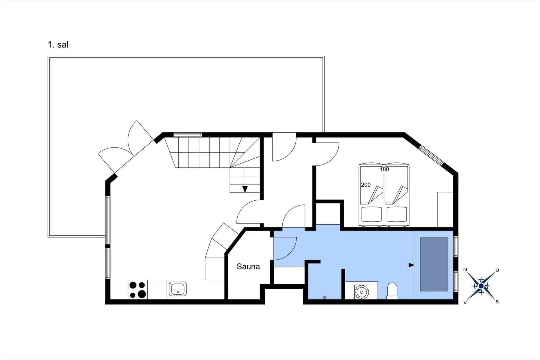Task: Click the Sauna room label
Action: click(248, 267)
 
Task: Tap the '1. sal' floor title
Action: click(58, 45)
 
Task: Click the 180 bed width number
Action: click(384, 169)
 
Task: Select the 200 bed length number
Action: click(366, 185)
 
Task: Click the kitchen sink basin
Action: click(178, 289)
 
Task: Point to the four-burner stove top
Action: click(138, 290)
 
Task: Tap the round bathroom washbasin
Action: click(361, 292)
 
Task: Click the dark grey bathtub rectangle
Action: click(434, 264)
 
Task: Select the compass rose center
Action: click(481, 286)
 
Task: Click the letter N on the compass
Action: click(465, 270)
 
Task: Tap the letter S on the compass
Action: click(497, 302)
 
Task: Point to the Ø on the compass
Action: click(497, 270)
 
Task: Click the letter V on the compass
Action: click(465, 302)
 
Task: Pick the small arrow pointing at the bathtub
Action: click(410, 265)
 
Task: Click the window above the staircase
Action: click(188, 135)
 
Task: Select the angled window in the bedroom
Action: click(431, 155)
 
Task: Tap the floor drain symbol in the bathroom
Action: click(324, 297)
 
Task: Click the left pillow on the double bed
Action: click(372, 214)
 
